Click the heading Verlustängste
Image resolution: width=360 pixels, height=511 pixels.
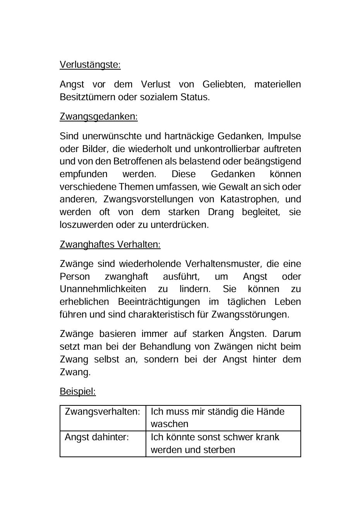90,65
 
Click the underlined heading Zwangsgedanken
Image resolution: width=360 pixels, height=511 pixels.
98,116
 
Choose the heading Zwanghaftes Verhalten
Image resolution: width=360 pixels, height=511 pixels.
110,244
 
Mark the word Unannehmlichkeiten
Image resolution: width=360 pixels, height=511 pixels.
103,289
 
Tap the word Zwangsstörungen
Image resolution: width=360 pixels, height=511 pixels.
250,314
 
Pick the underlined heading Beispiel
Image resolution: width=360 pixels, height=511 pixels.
77,391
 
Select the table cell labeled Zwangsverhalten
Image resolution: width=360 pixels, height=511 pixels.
102,412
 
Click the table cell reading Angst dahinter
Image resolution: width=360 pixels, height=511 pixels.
96,437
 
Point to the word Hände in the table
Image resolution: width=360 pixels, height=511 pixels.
270,412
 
